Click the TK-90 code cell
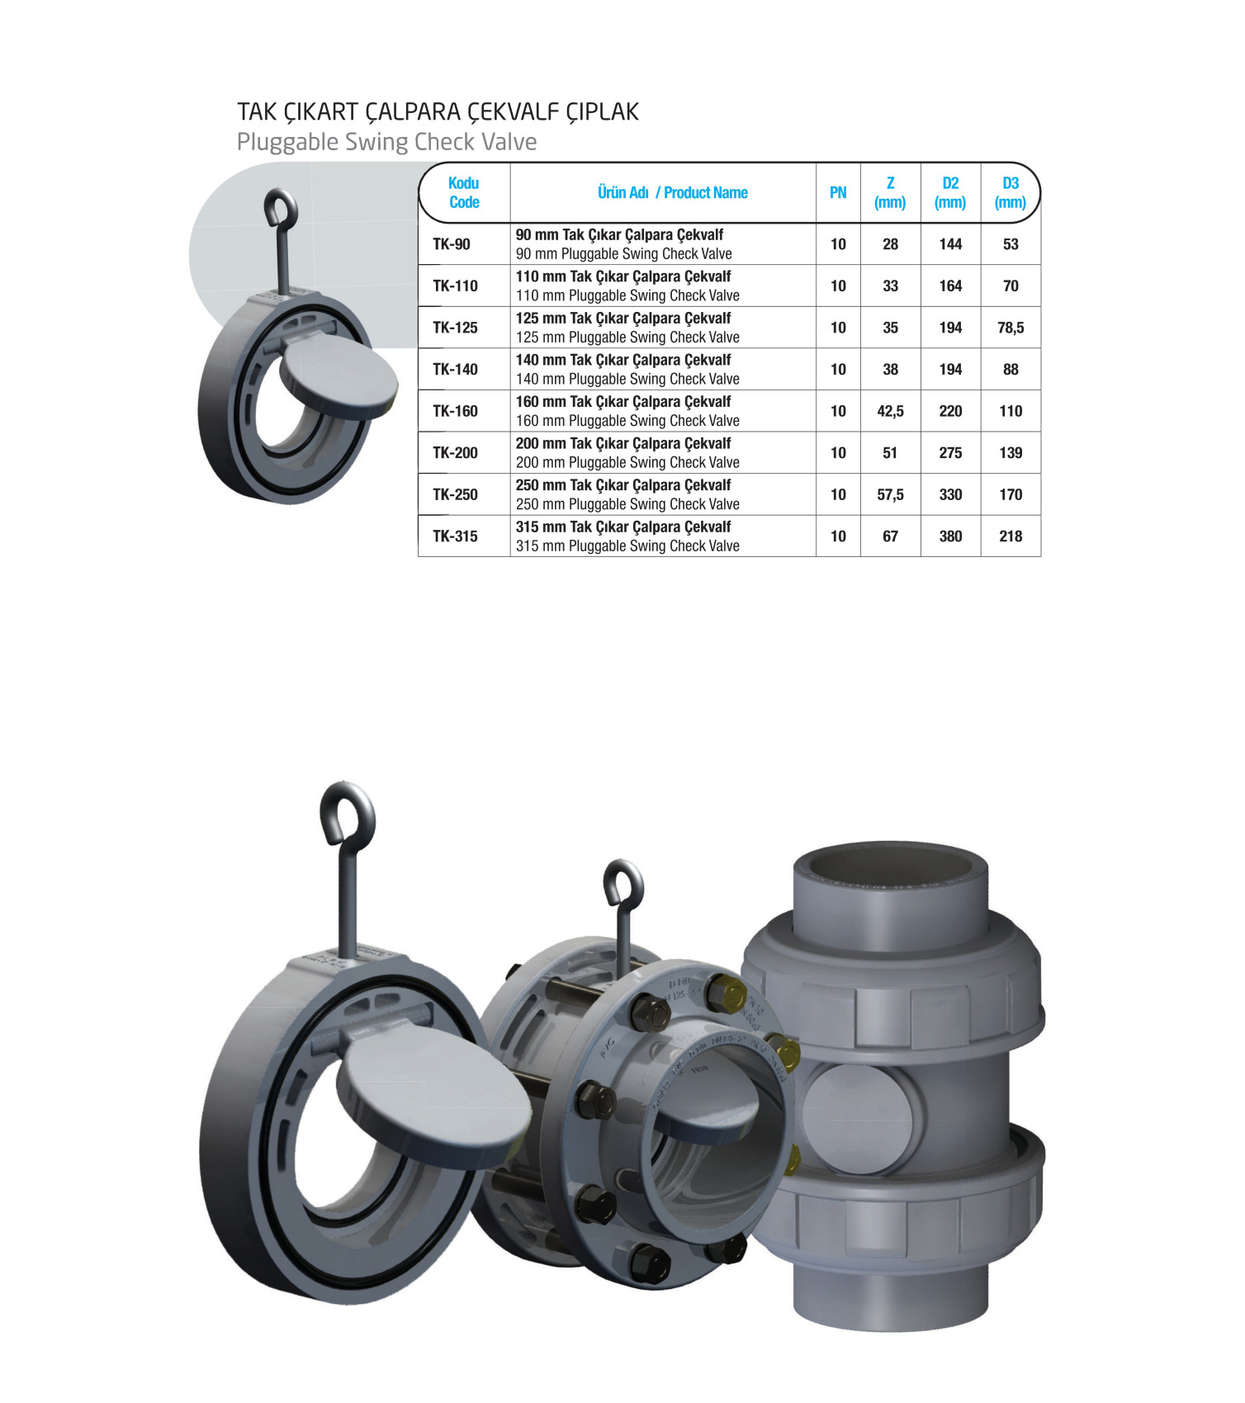pos(452,244)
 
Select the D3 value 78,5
pos(1011,328)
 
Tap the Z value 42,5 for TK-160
pos(890,411)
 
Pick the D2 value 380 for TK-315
pos(950,536)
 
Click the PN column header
pos(838,192)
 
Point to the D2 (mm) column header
pos(950,192)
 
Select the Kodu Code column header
pos(464,192)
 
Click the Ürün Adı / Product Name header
pos(673,192)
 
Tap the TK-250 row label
pos(456,494)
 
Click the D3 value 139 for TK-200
pos(1011,453)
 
